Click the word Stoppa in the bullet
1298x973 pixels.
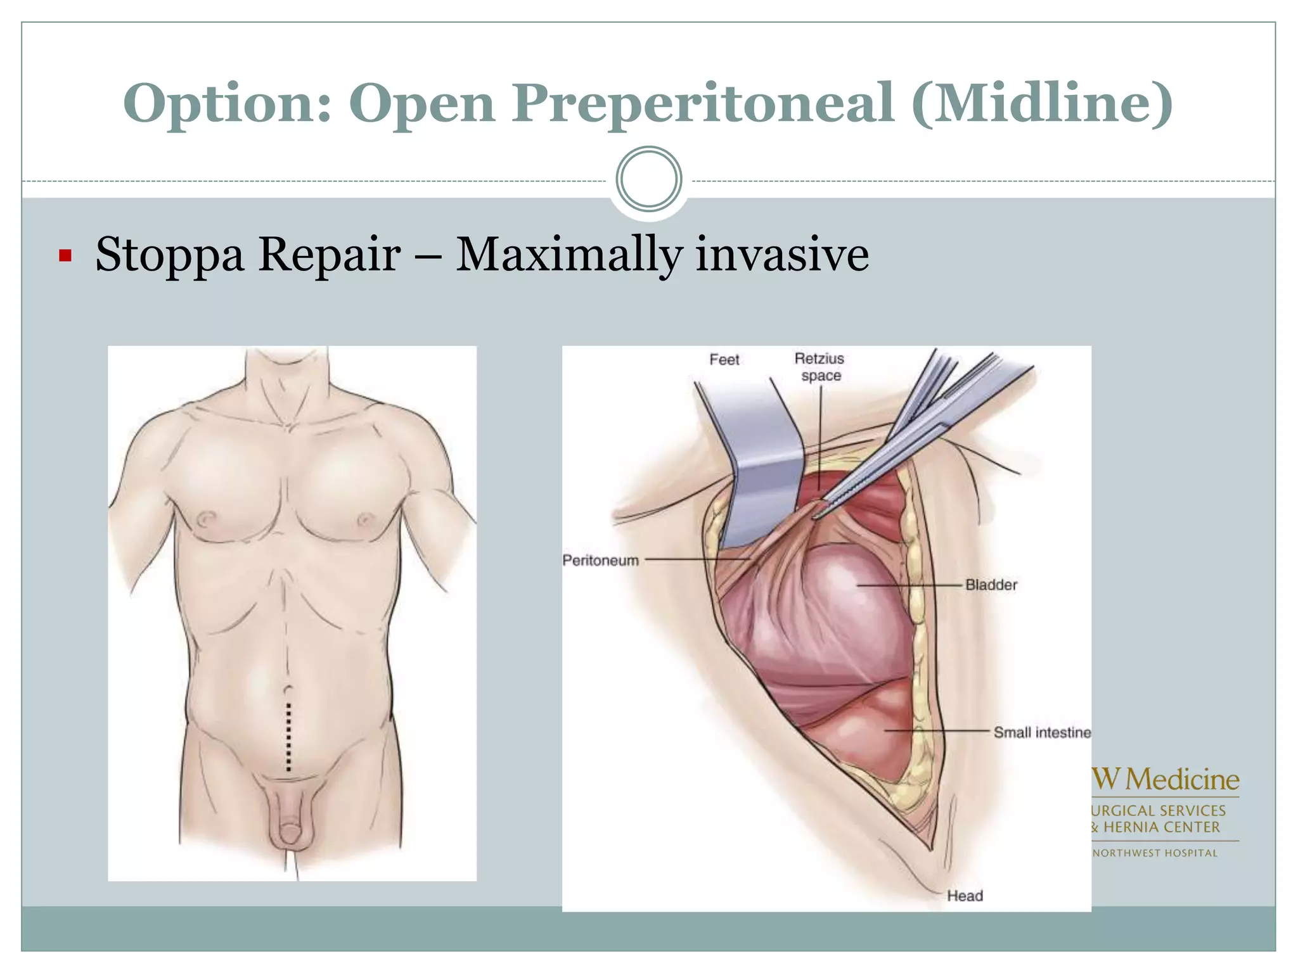169,255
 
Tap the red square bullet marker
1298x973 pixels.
65,256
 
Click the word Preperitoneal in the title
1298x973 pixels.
703,103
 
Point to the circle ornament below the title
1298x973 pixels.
648,179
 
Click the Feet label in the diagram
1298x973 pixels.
724,360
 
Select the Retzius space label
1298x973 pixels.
819,367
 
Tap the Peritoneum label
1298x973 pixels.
600,560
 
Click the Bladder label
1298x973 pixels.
991,585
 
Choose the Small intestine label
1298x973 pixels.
1041,732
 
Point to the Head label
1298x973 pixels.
965,896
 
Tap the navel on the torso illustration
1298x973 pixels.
289,689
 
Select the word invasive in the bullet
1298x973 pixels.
782,255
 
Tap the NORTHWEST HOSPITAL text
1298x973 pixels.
1155,853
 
